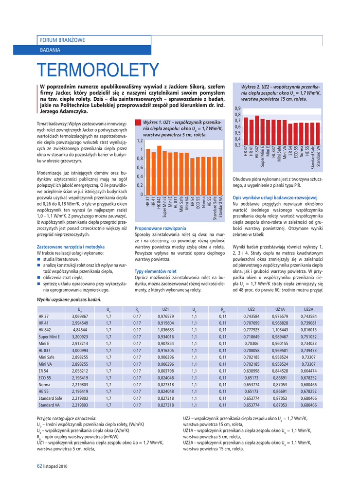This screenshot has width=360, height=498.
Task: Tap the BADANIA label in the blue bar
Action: point(50,50)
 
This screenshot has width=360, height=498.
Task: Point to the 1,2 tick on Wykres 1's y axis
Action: point(140,141)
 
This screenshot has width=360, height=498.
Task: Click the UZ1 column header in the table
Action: point(165,309)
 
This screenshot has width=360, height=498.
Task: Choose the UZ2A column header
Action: point(308,309)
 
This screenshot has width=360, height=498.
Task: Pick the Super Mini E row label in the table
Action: point(49,337)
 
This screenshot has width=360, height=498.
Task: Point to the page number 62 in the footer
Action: point(40,466)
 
